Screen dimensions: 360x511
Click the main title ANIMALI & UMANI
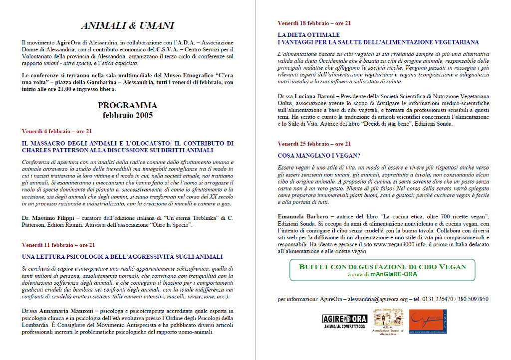coord(127,26)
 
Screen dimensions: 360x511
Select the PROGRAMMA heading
coord(127,105)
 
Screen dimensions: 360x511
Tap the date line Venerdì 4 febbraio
coord(57,131)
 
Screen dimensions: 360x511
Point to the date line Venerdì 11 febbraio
coord(58,245)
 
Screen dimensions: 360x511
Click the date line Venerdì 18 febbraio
coord(314,23)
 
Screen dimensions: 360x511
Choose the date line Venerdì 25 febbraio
coord(314,144)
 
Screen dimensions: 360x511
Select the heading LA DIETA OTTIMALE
coord(309,35)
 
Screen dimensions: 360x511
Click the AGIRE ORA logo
coord(344,321)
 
